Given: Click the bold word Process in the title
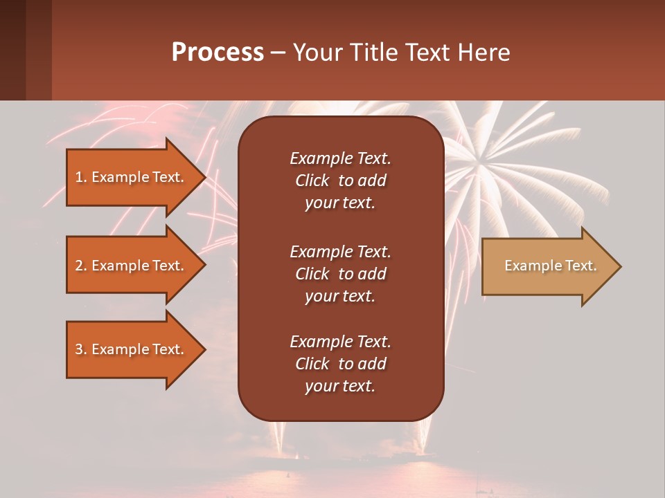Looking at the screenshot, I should coord(218,53).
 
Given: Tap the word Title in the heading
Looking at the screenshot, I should coord(373,53).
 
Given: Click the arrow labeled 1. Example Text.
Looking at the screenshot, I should coord(132,177).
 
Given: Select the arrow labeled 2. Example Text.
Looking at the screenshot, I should coord(132,266).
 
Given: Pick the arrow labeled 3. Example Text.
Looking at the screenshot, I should coord(132,349).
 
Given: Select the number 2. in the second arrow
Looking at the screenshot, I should coord(81,266).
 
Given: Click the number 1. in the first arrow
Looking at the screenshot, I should coord(81,177).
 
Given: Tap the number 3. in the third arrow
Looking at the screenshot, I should coord(81,349).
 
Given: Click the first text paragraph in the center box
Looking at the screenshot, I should coord(340,181).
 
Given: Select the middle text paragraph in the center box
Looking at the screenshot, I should coord(340,273).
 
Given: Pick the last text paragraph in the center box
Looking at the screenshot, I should coord(340,364).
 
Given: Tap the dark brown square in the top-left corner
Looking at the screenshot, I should coord(25,50).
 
